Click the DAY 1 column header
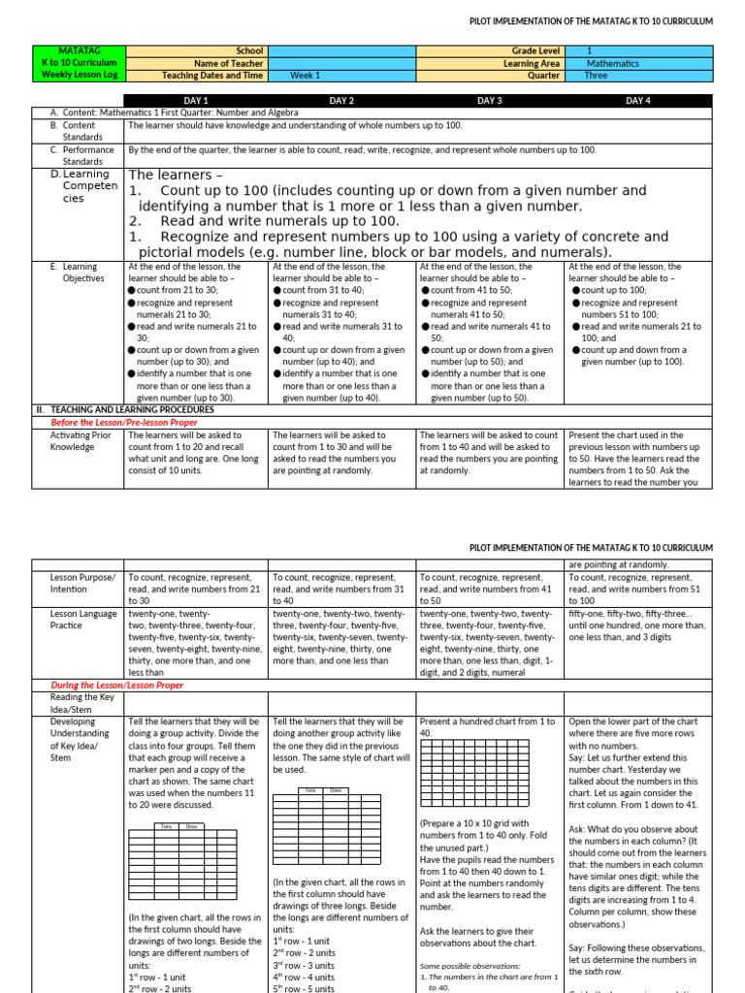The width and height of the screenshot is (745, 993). click(196, 100)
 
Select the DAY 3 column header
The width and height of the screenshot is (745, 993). click(490, 100)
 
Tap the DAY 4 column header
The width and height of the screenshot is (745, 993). click(637, 100)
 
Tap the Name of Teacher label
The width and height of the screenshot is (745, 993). click(229, 62)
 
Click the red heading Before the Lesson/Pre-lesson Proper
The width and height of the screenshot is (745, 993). click(124, 423)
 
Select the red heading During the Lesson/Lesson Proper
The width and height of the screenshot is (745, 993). click(117, 685)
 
